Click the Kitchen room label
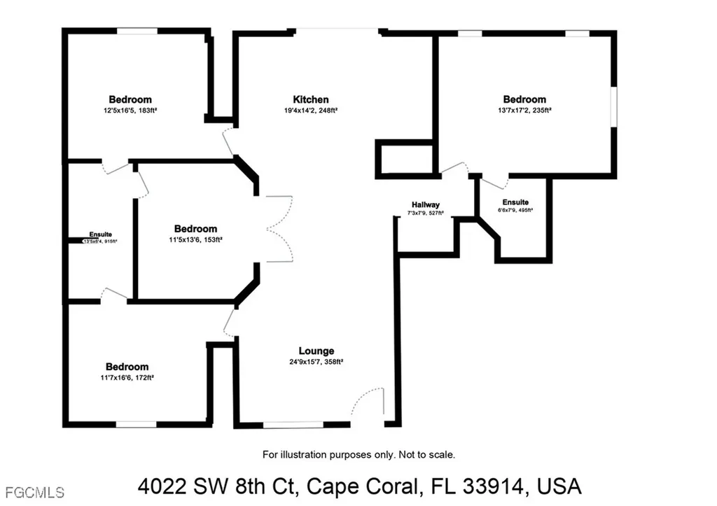310,99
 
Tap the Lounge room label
316,351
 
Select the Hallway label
426,204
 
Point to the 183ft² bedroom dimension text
130,110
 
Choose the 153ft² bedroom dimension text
195,239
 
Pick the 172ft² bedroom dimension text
127,377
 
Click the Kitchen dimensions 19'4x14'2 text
310,110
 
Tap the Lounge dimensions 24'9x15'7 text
316,362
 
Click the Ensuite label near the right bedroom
515,202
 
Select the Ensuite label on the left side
101,234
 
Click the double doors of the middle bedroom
279,229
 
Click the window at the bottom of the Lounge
293,424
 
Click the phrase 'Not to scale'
426,455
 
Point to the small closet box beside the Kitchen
405,158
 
